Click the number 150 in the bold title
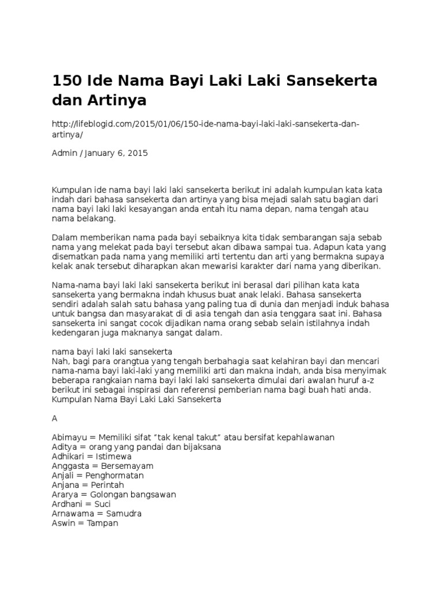point(66,81)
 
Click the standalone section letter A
point(55,419)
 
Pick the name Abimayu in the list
point(70,438)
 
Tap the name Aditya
point(66,447)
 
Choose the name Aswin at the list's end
point(64,523)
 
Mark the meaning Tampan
point(103,523)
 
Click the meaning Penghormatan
point(114,475)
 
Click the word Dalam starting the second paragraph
point(64,238)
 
